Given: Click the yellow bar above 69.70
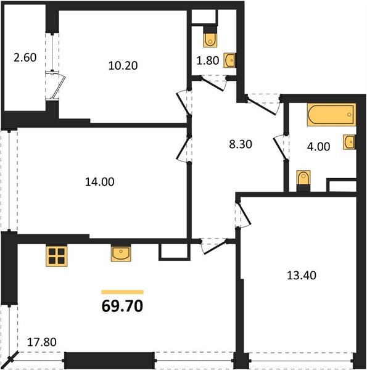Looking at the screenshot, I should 122,292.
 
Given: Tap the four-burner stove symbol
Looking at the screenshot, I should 57,256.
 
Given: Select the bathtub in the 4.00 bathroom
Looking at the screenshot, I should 331,113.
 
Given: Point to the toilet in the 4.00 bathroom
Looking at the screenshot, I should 303,179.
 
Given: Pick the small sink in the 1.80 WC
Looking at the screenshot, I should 231,60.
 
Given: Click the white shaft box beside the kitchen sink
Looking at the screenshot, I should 168,252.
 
